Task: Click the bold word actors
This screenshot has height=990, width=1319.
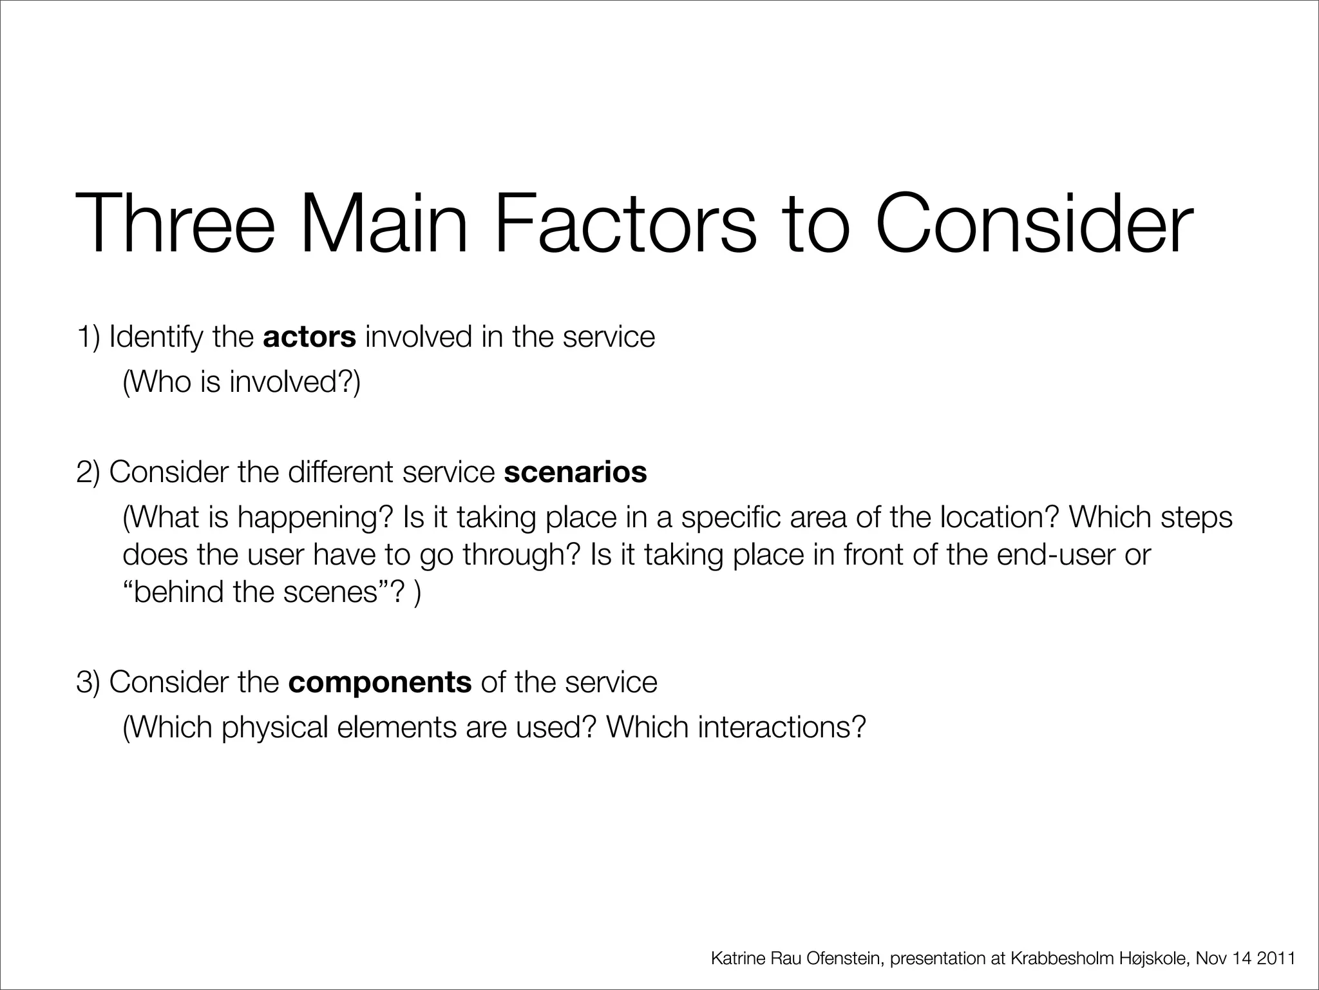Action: click(x=309, y=337)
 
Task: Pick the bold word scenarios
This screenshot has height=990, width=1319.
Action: click(x=575, y=472)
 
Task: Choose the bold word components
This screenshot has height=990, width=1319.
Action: click(x=380, y=682)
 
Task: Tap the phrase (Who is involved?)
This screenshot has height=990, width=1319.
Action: click(x=242, y=382)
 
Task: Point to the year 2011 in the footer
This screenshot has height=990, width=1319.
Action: click(x=1276, y=958)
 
